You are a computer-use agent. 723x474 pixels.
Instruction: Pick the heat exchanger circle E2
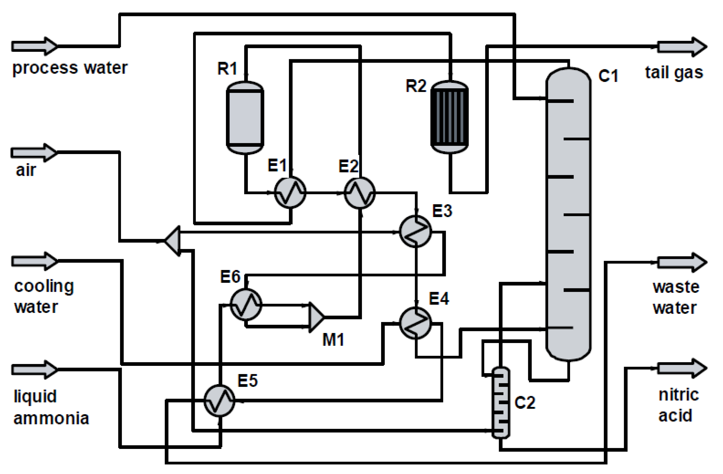pos(360,192)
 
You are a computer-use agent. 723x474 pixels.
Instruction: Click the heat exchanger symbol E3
pos(415,231)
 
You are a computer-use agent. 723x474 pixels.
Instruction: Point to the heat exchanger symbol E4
pos(415,323)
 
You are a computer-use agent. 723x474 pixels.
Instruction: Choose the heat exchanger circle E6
pos(246,304)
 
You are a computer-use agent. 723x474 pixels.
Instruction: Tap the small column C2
pos(501,402)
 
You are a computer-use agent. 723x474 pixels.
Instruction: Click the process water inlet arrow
pos(34,46)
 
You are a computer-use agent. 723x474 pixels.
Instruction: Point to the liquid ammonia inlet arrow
pos(34,370)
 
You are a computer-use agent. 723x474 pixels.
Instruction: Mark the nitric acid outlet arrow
pos(682,368)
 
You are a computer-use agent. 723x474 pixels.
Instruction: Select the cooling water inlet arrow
pos(34,261)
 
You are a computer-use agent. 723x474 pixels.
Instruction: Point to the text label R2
pos(416,86)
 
